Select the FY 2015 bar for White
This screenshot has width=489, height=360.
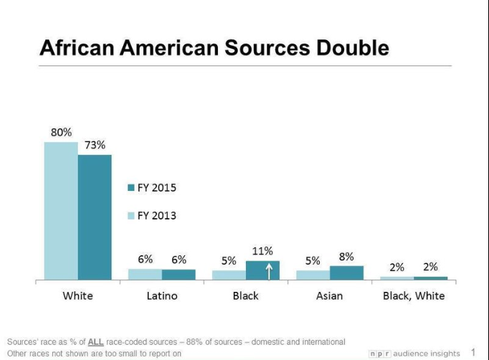coord(95,217)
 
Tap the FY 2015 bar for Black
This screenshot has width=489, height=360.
coord(262,270)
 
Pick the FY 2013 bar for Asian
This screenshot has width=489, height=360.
coord(313,275)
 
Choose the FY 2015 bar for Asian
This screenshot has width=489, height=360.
coord(346,273)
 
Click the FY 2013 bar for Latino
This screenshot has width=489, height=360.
coord(145,274)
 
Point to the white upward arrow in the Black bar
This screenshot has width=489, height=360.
coord(269,270)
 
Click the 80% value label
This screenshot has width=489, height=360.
coord(61,133)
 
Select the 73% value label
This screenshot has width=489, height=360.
coord(95,145)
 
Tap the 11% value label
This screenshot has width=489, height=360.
coord(262,251)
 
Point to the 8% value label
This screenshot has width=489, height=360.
coord(346,256)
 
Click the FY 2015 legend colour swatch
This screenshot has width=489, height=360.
coord(130,188)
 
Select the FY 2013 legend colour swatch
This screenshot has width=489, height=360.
coord(130,215)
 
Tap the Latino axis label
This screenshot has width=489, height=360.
coord(161,295)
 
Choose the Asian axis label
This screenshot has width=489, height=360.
coord(330,295)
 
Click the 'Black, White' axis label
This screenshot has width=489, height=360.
coord(413,295)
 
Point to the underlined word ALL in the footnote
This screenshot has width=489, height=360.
coord(96,342)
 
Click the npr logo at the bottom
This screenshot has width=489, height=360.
coord(380,354)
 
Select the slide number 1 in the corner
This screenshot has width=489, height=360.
coord(473,352)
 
